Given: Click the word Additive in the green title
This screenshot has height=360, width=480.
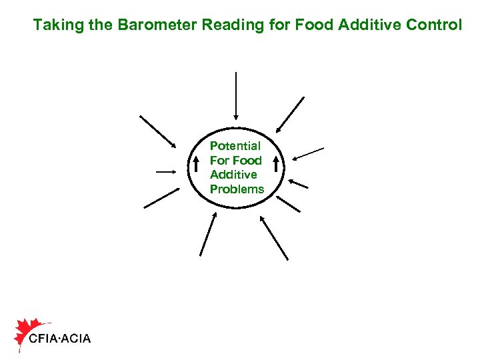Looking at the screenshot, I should coord(369,26).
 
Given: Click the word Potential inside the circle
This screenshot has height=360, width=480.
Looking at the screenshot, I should coord(235,145).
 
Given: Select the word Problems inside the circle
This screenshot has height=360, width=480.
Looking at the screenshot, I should coord(237,189).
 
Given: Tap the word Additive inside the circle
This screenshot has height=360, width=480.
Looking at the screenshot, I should coord(233,175).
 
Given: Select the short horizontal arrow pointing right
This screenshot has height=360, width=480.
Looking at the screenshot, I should coord(167,172).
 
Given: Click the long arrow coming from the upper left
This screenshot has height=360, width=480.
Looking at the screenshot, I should coord(158,132).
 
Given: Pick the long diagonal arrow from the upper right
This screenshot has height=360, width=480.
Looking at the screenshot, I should coord(290,114).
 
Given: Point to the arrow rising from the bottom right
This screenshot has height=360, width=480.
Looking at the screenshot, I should coord(274,237).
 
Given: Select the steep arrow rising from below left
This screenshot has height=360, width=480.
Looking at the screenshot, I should coord(208,234).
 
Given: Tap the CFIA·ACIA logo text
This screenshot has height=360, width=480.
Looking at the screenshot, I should coord(60,339).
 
